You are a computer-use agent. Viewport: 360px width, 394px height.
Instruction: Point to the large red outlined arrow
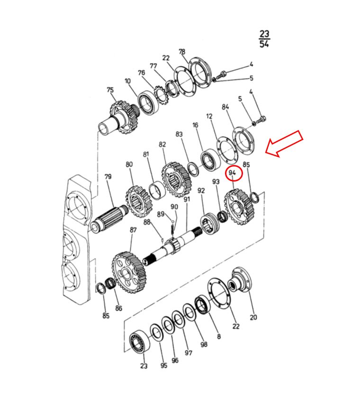(x=284, y=144)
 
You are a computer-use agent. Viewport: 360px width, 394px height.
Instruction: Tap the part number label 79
(x=108, y=177)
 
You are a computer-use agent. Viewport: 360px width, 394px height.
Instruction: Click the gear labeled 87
(x=129, y=272)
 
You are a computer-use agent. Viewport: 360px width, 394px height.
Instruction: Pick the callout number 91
(x=187, y=199)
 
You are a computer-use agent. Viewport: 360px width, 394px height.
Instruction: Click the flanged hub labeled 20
(x=240, y=280)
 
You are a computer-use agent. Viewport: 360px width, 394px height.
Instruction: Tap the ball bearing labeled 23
(x=140, y=342)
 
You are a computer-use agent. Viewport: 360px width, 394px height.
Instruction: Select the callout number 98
(x=204, y=344)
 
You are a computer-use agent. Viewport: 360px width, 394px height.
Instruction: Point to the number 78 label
(x=182, y=52)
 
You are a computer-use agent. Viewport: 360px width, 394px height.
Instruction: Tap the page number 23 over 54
(x=264, y=39)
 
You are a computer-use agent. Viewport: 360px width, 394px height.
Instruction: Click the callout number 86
(x=118, y=308)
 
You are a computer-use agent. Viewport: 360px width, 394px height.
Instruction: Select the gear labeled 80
(x=139, y=202)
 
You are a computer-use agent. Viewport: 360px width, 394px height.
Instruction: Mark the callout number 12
(x=209, y=116)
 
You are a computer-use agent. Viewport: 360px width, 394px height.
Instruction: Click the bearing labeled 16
(x=210, y=160)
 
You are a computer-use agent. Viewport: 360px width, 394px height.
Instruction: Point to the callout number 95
(x=164, y=365)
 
